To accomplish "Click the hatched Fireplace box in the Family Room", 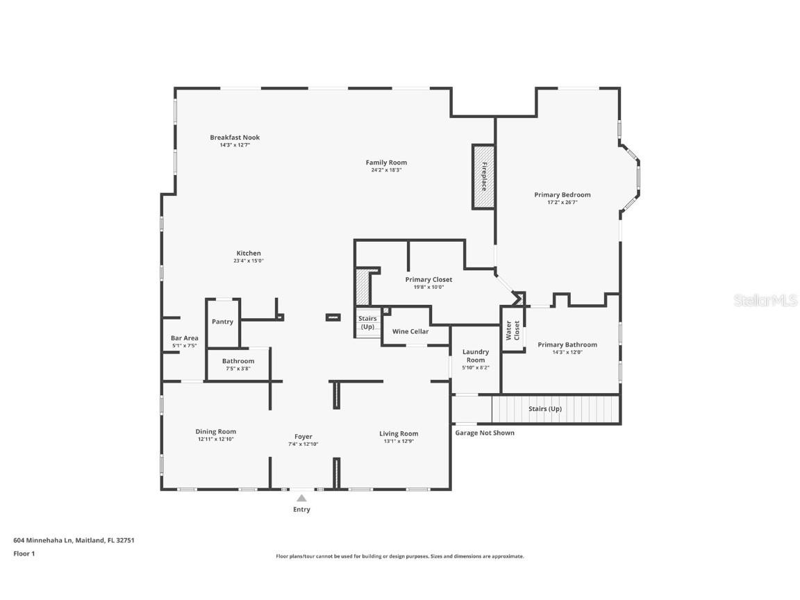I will tap(483, 176).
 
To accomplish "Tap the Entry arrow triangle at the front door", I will tap(301, 498).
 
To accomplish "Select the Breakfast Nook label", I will tap(235, 137).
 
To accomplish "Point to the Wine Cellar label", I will tap(410, 331).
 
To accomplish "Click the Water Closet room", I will tap(513, 330).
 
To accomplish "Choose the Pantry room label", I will tap(222, 322).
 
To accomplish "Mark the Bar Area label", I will tap(184, 338).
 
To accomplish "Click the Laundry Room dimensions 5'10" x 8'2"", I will tap(476, 367).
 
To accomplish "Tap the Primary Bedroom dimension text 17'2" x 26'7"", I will tap(562, 203).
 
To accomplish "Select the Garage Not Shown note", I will tap(485, 433).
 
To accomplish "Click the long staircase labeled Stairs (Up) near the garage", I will tap(556, 409).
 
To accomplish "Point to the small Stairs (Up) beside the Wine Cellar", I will tap(367, 323).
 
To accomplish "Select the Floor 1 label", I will tap(24, 553).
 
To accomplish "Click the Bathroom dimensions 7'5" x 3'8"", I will tap(238, 369).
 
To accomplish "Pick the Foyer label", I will tap(303, 437).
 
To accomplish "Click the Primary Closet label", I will tap(428, 280).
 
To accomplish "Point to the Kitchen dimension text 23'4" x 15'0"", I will tap(249, 261).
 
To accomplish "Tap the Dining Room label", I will tap(215, 431).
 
